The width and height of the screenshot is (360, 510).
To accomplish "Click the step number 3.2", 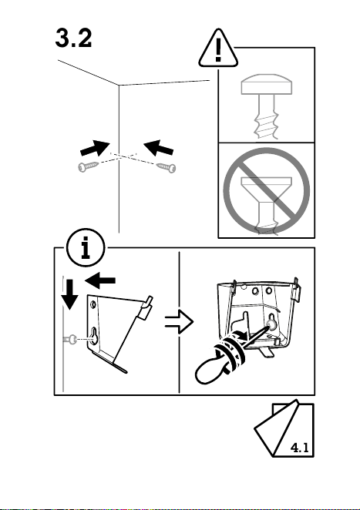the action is (x=73, y=38).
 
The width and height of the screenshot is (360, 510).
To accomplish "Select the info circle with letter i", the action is (x=86, y=248).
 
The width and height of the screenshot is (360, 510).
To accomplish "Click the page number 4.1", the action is (x=299, y=448).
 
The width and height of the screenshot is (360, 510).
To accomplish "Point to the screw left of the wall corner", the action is (x=88, y=166).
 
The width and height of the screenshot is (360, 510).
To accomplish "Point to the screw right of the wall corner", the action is (x=167, y=167).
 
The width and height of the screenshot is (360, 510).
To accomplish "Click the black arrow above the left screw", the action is (x=95, y=149).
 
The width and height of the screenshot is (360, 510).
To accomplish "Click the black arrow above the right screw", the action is (x=159, y=148).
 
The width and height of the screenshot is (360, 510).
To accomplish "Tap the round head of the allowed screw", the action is (x=266, y=85).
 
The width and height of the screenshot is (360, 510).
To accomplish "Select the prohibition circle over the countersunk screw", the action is (x=266, y=191).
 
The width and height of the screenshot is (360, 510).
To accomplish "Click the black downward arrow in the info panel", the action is (x=69, y=294).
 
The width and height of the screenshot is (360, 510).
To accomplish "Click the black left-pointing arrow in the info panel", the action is (x=100, y=280).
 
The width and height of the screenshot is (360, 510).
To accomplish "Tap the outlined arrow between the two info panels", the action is (x=179, y=322).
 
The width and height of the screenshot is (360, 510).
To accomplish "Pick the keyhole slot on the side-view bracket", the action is (x=94, y=336).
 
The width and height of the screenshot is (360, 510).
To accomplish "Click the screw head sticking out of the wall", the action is (x=72, y=340).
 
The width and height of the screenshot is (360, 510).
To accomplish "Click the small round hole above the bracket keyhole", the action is (x=93, y=305).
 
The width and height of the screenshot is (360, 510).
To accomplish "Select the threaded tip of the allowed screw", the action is (x=267, y=123).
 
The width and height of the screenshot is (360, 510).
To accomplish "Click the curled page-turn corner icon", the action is (x=284, y=428).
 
